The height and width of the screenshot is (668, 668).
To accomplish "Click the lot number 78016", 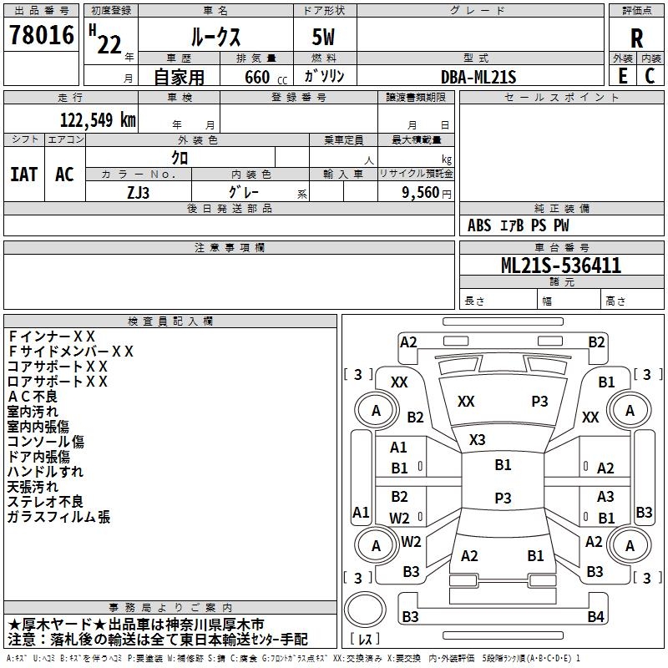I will pos(41,36).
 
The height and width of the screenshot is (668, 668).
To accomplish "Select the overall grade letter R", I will pos(636,38).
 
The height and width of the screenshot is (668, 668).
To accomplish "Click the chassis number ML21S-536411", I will pos(560,266).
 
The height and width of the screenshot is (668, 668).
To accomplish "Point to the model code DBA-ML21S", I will pos(478,77).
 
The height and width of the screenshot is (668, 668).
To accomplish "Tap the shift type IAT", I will pos(23,175).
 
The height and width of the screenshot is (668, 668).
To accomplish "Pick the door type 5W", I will pos(325,37).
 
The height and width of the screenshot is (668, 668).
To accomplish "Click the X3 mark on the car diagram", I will pos(478,439).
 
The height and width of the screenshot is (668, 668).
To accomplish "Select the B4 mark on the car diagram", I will pos(595,616).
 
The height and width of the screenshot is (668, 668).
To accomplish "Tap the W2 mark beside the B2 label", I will pos(400,517).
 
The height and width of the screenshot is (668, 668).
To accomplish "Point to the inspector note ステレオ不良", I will pos(45,502).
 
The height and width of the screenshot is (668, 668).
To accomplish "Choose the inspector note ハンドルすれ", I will pos(45,472).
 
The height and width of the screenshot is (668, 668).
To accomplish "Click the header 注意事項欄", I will pos(229,248).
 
